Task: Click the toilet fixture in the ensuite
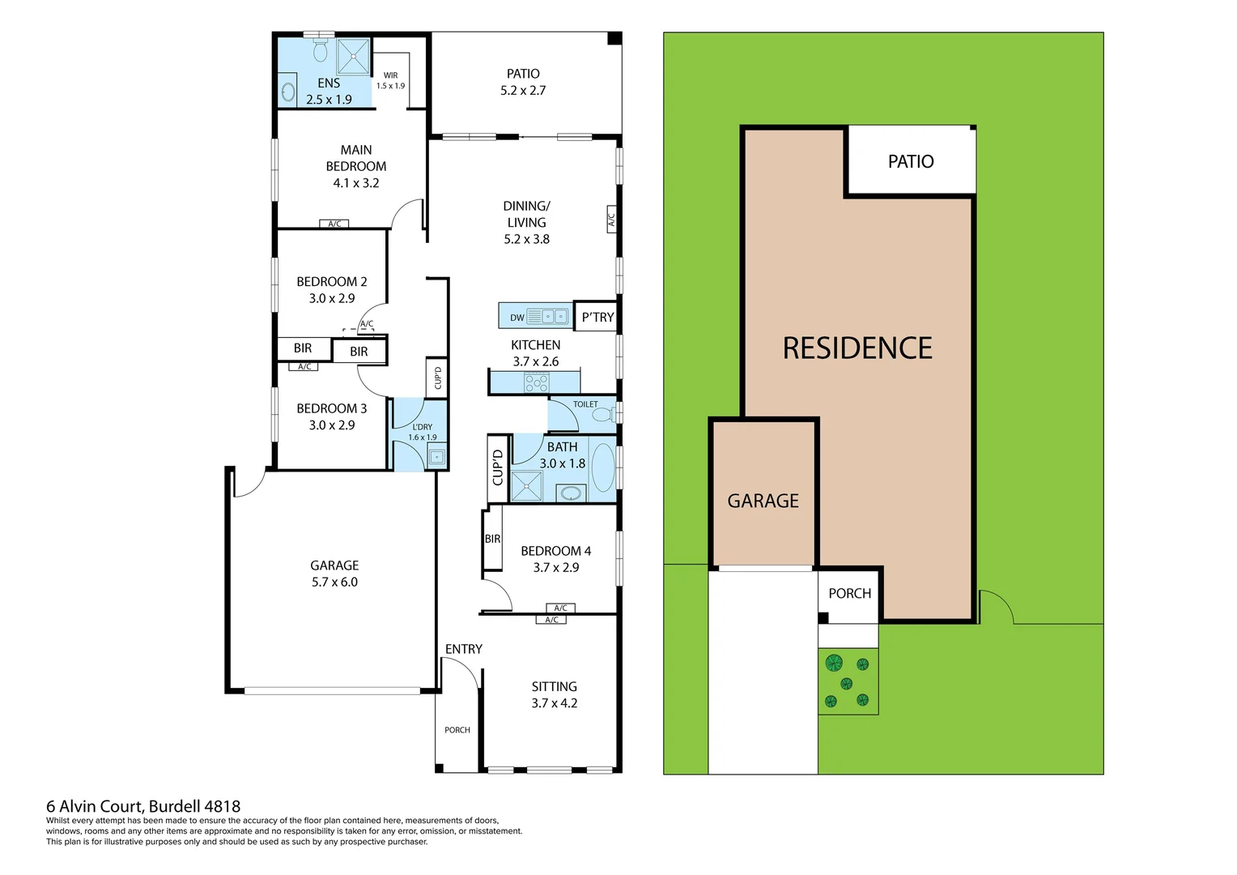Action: coord(320,51)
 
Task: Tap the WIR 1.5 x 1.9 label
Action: coord(390,80)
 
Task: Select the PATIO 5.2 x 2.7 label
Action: coord(523,82)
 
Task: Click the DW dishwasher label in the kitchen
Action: coord(516,318)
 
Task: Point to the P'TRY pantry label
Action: coord(597,317)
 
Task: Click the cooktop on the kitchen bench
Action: coord(536,382)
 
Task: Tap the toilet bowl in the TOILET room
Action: coord(602,415)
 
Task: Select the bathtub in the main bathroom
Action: coord(602,467)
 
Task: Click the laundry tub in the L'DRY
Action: coord(436,457)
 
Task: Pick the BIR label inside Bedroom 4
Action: coord(492,539)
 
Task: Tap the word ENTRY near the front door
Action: coord(463,649)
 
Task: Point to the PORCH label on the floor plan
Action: coord(457,730)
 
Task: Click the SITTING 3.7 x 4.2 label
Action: coord(555,694)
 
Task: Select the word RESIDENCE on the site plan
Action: coord(857,348)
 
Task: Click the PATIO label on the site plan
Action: coord(911,161)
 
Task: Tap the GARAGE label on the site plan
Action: coord(763,501)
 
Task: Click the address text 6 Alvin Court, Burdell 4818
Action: coord(143,806)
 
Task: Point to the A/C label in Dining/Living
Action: coord(612,220)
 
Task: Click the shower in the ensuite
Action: coord(354,56)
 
